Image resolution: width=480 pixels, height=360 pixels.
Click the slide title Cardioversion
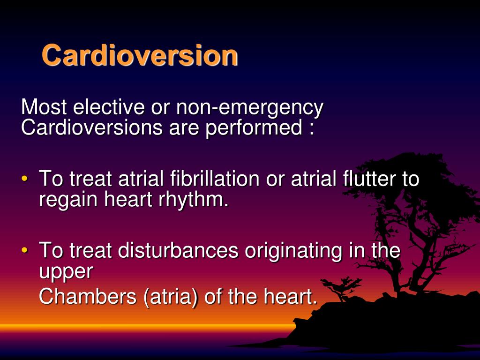point(140,55)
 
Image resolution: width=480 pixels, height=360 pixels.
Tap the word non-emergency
point(249,108)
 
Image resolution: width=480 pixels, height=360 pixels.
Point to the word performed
point(253,128)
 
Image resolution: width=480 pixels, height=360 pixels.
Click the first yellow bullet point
point(25,180)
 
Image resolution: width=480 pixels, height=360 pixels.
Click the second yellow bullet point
point(25,251)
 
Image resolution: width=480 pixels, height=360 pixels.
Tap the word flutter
point(364,180)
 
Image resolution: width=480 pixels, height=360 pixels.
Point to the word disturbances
point(178,251)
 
